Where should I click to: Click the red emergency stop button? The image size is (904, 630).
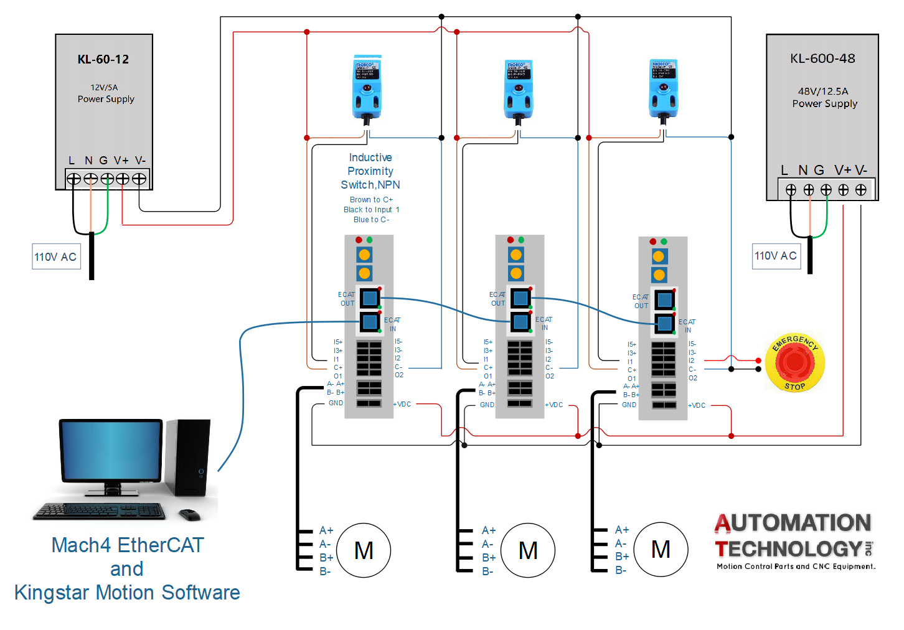[x=795, y=362]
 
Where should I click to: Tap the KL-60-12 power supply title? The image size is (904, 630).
[x=103, y=60]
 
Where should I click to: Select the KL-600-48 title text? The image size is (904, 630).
[x=822, y=59]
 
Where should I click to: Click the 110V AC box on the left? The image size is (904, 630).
[x=56, y=256]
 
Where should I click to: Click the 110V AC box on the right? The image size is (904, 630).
[x=776, y=256]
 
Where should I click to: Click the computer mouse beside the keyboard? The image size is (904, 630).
[x=189, y=515]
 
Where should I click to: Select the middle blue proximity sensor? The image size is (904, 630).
[x=518, y=90]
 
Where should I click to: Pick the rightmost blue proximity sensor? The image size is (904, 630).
[x=664, y=89]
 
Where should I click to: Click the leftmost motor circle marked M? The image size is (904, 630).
[x=364, y=550]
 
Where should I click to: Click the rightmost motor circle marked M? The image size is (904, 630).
[x=661, y=549]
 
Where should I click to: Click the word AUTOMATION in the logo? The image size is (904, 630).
[x=793, y=523]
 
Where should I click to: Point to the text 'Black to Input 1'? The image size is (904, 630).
[x=371, y=210]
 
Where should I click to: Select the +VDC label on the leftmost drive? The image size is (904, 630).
[x=402, y=405]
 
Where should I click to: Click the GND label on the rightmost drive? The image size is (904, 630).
[x=629, y=405]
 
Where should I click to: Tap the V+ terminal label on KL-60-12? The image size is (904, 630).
[x=121, y=161]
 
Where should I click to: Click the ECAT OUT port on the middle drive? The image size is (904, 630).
[x=520, y=298]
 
